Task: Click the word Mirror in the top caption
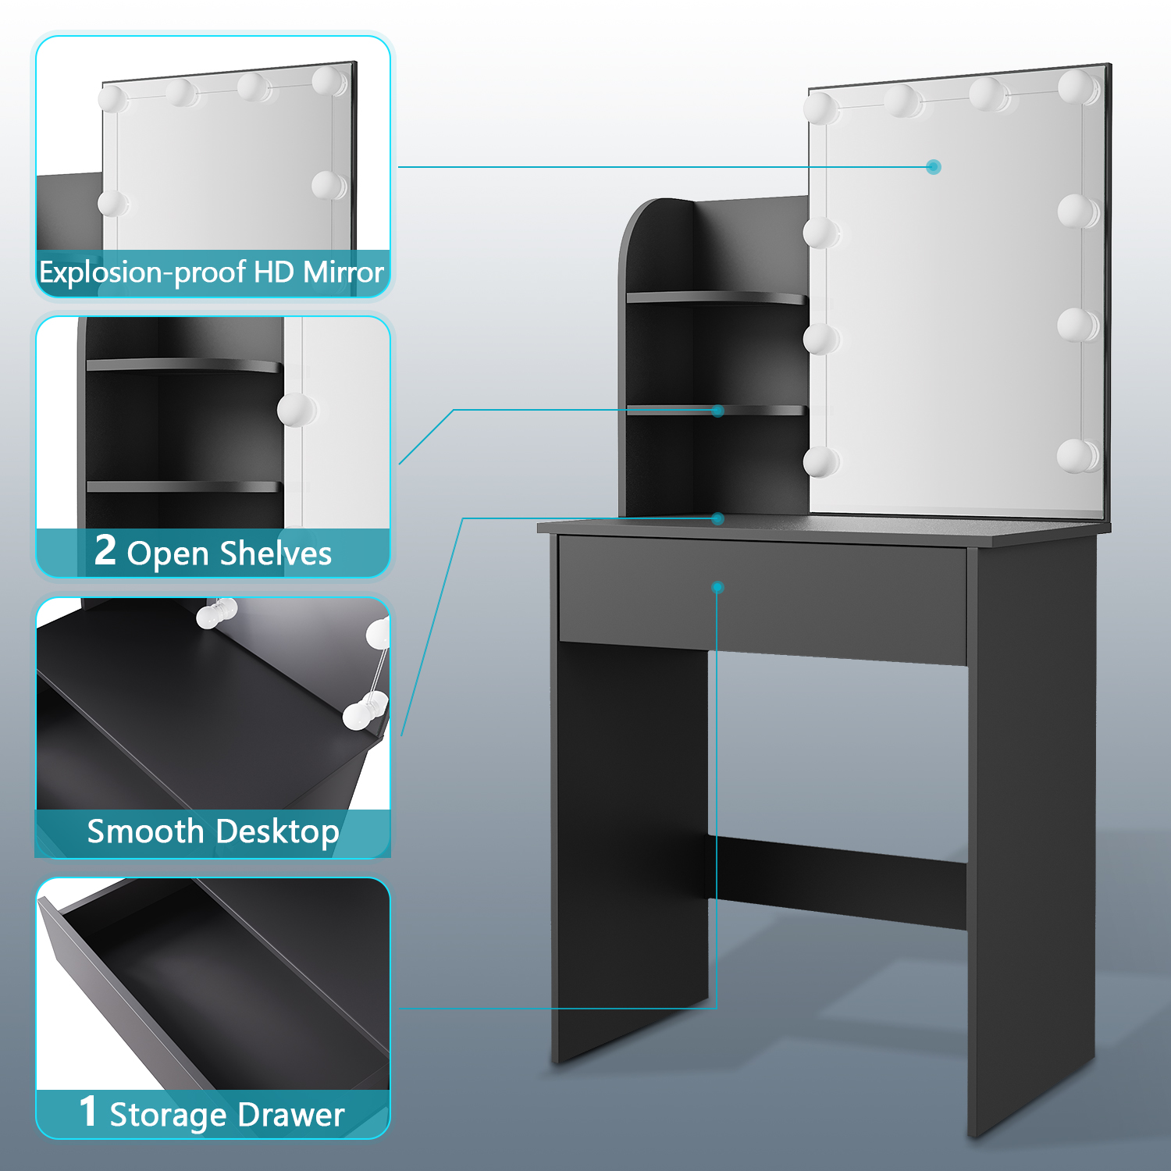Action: [343, 272]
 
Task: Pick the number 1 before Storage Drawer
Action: [88, 1111]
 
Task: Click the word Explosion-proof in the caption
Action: [143, 273]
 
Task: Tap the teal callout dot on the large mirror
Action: [934, 167]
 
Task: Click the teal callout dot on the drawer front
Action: [718, 587]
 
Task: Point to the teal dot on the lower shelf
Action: [718, 411]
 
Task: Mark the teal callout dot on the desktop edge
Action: [718, 518]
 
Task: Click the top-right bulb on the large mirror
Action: [1078, 86]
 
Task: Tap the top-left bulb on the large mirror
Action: [821, 108]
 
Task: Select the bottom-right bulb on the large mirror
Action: [1077, 456]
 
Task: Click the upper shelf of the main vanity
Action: [717, 297]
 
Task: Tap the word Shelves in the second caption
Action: [276, 553]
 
